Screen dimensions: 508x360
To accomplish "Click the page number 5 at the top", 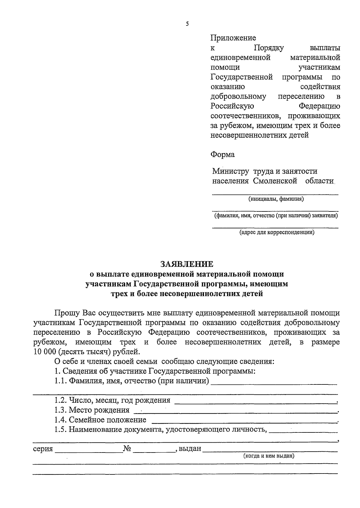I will tap(187, 24).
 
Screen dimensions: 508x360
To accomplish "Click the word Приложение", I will tap(233, 38).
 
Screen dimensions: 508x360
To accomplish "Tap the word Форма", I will tap(222, 155).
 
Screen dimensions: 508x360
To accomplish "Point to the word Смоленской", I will tap(275, 181).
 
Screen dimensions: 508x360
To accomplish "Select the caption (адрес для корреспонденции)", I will tap(277, 232).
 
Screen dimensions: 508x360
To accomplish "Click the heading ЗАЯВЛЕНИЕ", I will tap(187, 264).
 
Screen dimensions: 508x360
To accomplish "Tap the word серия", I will tap(43, 449).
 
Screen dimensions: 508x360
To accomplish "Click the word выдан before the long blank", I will tap(190, 449).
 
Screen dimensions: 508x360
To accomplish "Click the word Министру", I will tap(230, 171).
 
